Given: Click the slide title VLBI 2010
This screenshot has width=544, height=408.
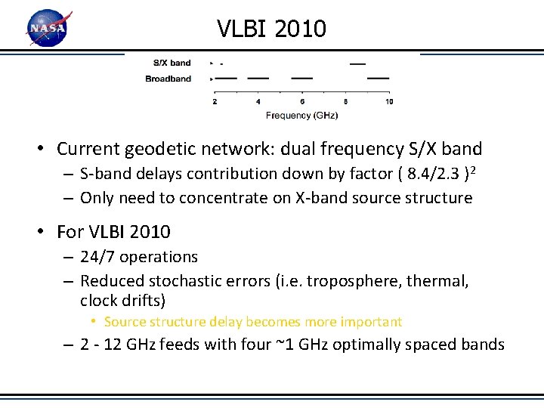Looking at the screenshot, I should point(271,29).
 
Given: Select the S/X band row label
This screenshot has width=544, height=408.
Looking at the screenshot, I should point(172,63).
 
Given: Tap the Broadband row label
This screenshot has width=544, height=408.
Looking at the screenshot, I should point(168,79).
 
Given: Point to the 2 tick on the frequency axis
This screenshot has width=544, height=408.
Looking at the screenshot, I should point(215,101).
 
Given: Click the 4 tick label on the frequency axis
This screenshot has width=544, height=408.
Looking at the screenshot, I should point(258,101).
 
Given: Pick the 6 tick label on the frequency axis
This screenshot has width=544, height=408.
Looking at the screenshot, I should point(302,101).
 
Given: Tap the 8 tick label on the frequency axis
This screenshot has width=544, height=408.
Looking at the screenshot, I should point(346,101).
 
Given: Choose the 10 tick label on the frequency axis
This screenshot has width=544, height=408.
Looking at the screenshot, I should point(389,101).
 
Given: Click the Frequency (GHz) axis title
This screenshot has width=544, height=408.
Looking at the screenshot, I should point(301,116).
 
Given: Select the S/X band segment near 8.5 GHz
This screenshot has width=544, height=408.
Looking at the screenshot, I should point(357,63).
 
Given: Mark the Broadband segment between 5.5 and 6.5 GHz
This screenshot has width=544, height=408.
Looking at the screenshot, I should point(302,78).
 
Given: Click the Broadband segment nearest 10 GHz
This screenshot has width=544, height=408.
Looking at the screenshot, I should point(378,78).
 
